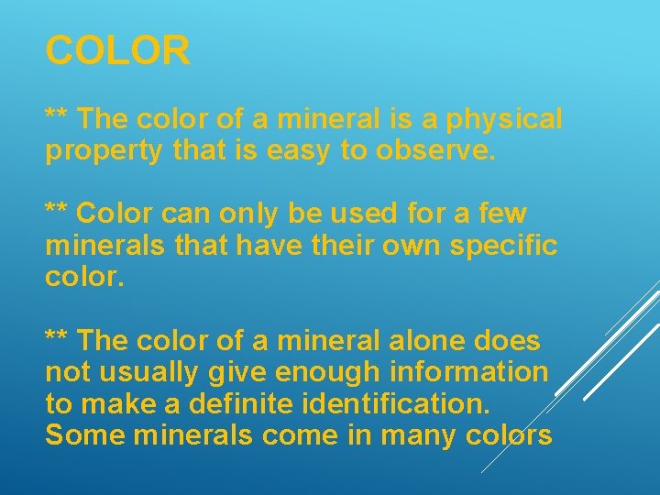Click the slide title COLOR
118,51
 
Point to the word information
469,373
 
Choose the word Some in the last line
85,435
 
